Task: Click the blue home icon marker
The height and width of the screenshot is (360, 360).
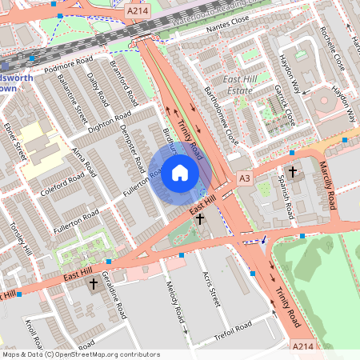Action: coord(180,173)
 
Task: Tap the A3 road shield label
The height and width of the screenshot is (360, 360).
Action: coord(244,178)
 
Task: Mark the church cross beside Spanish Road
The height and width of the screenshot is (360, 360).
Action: coord(292,171)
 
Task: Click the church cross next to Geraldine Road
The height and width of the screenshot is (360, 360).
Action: coord(93,284)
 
